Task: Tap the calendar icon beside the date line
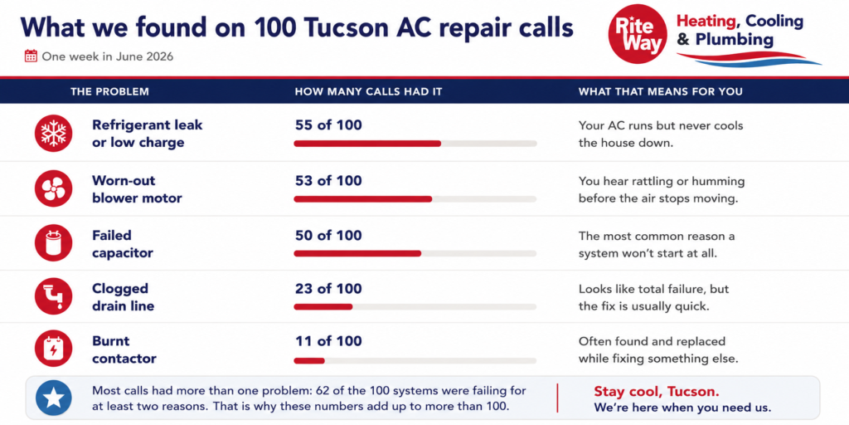31,56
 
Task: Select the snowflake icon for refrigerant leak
53,134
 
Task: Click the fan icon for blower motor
53,188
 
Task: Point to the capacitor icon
53,243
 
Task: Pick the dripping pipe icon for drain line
53,296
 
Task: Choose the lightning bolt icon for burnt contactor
53,349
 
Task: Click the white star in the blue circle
54,398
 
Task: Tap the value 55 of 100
328,125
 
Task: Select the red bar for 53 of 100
363,199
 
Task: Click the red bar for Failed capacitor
357,253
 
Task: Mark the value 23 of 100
328,289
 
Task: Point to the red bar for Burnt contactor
309,360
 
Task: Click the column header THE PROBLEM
109,91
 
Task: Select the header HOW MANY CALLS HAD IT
368,91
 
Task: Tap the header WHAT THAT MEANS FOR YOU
661,91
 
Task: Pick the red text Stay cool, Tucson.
657,392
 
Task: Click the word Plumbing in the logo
735,40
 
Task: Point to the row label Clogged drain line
123,296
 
